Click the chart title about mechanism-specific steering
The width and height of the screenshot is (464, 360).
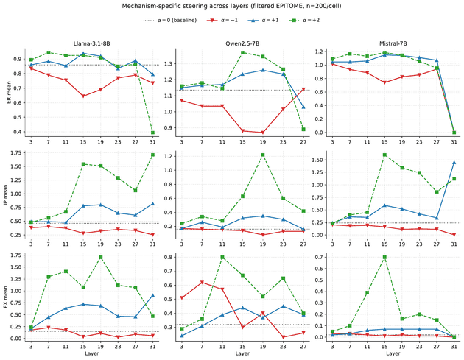232,6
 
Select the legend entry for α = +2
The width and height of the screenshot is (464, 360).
306,21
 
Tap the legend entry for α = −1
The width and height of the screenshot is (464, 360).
222,21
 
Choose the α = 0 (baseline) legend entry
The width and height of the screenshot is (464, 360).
170,21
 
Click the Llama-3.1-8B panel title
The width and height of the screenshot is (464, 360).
92,43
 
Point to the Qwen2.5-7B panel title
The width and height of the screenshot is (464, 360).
242,43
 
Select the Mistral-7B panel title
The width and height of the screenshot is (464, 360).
393,43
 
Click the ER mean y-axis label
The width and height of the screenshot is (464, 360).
9,93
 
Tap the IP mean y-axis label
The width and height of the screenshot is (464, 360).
6,195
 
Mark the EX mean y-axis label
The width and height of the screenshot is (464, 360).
6,297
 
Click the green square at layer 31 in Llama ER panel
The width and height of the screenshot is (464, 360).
152,133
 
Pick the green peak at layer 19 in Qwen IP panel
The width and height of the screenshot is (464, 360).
263,155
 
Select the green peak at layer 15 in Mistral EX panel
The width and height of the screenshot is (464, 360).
384,258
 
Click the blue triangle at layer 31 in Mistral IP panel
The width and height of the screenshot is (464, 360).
454,163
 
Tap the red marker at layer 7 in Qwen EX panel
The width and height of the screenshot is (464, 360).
202,283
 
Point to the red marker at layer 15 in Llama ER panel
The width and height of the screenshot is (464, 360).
83,96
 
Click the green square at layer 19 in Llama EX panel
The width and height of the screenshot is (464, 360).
101,258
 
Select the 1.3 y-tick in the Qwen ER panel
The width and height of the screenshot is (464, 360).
169,64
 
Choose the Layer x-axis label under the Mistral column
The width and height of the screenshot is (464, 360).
393,353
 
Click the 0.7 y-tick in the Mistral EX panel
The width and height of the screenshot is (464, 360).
320,258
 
